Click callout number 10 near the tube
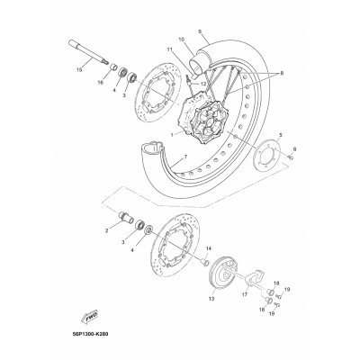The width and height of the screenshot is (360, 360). click(x=183, y=40)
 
